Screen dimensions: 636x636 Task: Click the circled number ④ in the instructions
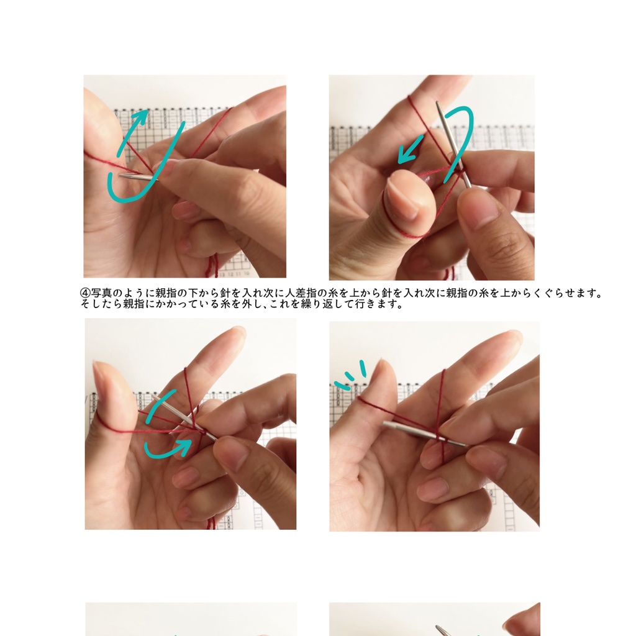(86, 293)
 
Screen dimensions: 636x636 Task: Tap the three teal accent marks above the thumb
(349, 375)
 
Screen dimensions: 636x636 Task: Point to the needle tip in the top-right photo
(438, 104)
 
